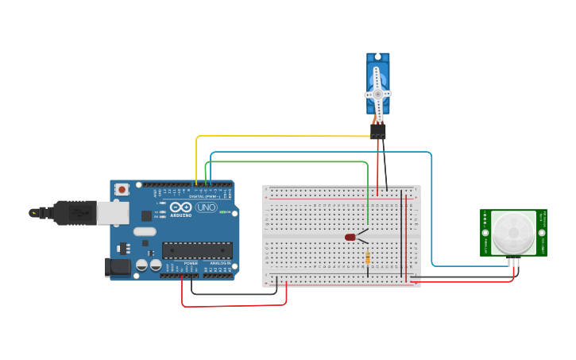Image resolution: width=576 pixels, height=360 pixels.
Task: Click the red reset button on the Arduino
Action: click(x=122, y=189)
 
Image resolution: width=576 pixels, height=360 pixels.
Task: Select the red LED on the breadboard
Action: click(x=350, y=237)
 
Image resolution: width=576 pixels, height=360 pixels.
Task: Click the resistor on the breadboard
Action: click(x=367, y=257)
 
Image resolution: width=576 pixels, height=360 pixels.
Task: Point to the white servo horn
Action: click(x=378, y=93)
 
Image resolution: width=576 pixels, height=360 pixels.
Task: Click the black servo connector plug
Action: click(x=378, y=130)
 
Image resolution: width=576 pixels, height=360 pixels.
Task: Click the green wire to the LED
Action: click(x=286, y=162)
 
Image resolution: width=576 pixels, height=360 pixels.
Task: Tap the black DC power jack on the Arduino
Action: click(x=118, y=268)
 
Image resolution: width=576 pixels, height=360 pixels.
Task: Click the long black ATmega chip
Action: click(x=197, y=250)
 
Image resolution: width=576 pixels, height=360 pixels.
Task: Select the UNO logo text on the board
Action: click(x=207, y=207)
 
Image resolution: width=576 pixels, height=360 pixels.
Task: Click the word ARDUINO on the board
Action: click(x=181, y=215)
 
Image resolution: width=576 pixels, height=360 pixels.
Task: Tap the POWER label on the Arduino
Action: click(x=191, y=263)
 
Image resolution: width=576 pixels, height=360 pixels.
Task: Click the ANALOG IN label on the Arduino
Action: click(x=220, y=263)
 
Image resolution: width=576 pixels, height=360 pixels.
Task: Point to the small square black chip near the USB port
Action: click(x=146, y=215)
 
